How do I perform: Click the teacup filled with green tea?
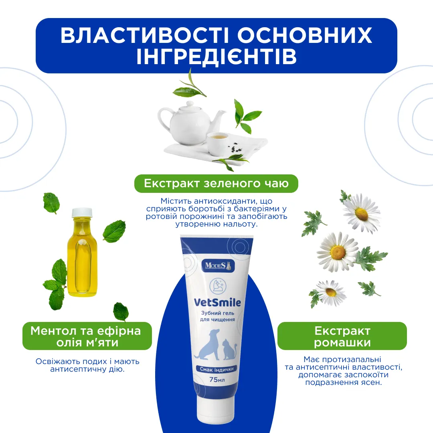(x=219, y=143)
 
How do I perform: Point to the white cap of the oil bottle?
(x=82, y=212)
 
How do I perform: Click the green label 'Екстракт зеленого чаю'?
(x=216, y=183)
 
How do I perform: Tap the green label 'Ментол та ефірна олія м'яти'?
(x=87, y=336)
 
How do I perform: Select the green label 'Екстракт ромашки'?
(x=342, y=336)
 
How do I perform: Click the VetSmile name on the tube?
(x=217, y=302)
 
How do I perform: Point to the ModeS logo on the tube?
(x=218, y=266)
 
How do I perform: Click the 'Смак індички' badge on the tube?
(x=217, y=369)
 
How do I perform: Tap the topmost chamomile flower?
(x=361, y=212)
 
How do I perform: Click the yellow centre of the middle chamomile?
(x=338, y=252)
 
